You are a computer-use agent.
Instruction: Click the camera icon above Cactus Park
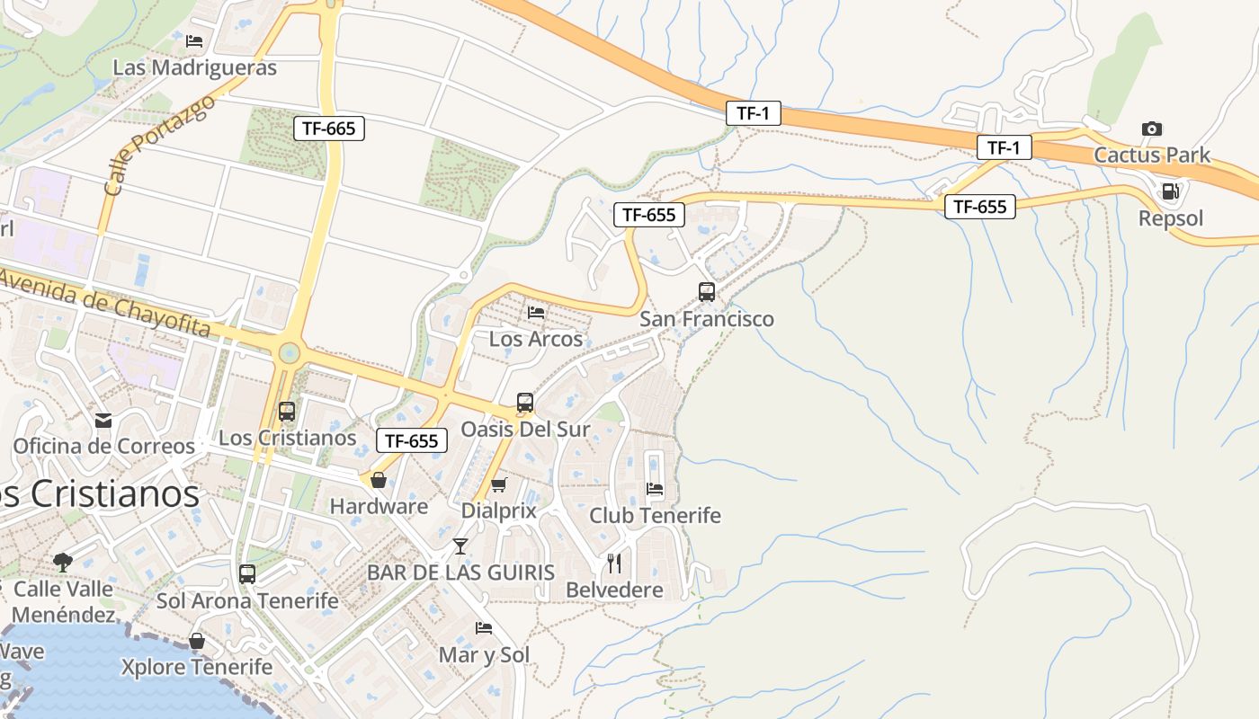(x=1151, y=129)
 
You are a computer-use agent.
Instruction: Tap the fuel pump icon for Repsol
(x=1170, y=191)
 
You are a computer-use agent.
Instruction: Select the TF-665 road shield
(x=328, y=129)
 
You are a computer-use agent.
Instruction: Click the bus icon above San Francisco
(x=707, y=292)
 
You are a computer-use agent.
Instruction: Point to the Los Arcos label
(x=536, y=340)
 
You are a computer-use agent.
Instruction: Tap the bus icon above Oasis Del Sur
(x=525, y=403)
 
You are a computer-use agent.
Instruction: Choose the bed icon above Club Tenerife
(x=655, y=489)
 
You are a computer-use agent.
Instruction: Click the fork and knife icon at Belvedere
(x=614, y=564)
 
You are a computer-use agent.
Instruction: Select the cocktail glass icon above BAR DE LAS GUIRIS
(x=460, y=546)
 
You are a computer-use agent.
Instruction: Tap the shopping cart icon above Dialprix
(x=498, y=485)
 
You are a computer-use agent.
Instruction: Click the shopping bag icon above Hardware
(x=379, y=480)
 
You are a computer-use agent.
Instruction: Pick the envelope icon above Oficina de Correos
(x=103, y=420)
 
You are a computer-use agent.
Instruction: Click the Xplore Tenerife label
(x=197, y=667)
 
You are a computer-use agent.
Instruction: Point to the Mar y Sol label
(x=484, y=655)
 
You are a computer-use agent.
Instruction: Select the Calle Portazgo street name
(x=159, y=145)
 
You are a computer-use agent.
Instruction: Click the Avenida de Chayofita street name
(x=105, y=302)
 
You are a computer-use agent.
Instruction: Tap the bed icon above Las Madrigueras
(x=194, y=41)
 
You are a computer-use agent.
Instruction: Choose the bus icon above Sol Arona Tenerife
(x=247, y=573)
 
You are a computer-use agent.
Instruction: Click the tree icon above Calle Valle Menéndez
(x=63, y=563)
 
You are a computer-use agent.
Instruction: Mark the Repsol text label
(x=1170, y=218)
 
